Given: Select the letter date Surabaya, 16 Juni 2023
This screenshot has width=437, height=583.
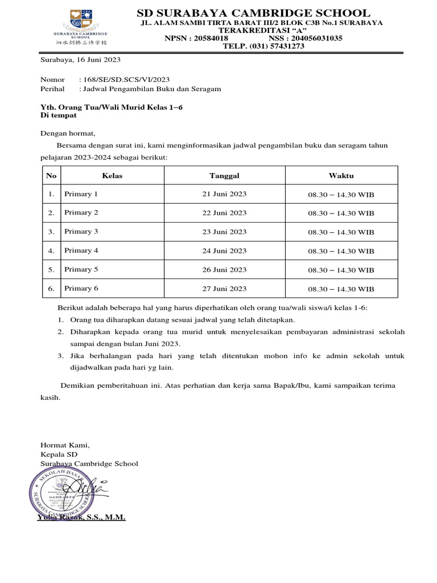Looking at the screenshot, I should pos(80,60).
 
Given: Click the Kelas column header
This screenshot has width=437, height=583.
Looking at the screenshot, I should pos(112,175).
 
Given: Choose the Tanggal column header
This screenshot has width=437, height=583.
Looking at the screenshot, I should pos(224,175).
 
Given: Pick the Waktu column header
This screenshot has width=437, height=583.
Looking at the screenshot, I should pos(341,175).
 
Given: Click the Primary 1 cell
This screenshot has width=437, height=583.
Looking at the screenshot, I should pos(81,194).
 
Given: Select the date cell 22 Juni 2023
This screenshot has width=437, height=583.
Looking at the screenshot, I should pos(224,213).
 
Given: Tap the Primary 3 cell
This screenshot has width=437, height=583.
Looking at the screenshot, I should pos(81,232).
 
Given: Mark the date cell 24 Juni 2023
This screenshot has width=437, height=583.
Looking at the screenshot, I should pos(224,251).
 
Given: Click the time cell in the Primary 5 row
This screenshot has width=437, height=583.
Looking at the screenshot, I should pos(341,270).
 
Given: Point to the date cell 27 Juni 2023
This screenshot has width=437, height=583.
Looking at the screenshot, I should pos(224,289).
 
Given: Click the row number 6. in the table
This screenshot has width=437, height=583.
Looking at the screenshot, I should pos(51,289).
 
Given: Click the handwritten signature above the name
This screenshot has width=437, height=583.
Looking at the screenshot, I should pos(91,487).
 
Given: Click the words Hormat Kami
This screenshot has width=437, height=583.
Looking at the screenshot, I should pos(65,446).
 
